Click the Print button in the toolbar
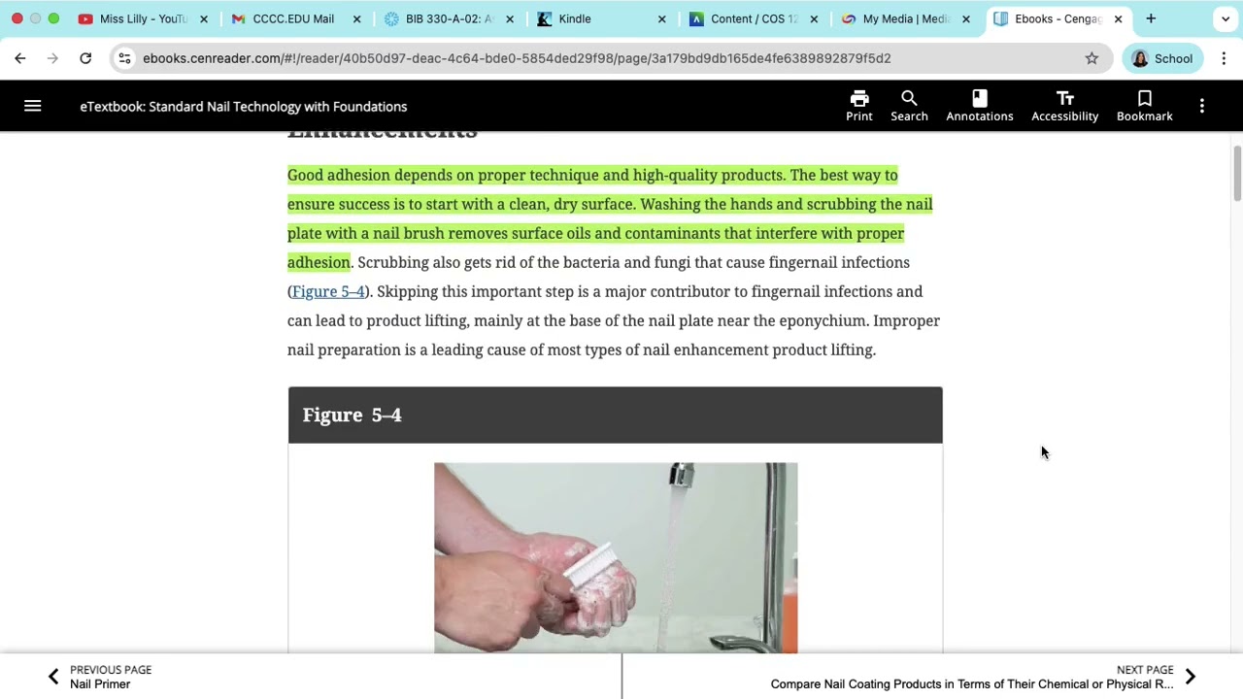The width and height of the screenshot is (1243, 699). (x=858, y=106)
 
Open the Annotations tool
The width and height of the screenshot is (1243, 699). (x=979, y=106)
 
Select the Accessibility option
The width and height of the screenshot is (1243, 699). (x=1064, y=106)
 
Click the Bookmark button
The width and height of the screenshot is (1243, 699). (x=1144, y=106)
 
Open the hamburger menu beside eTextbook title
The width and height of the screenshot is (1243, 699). (x=32, y=106)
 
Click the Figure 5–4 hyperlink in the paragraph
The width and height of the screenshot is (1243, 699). (x=328, y=291)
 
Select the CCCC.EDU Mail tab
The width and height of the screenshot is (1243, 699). (x=292, y=18)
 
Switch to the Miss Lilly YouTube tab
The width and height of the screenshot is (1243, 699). (x=142, y=18)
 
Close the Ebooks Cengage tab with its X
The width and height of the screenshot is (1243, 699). (x=1118, y=18)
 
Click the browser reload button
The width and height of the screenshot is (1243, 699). (x=85, y=58)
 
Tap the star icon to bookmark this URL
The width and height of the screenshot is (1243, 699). (x=1092, y=58)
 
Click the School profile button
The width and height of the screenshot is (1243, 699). (x=1161, y=58)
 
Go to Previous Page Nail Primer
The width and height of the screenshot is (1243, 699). (x=101, y=677)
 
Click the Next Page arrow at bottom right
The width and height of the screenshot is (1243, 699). (x=1190, y=677)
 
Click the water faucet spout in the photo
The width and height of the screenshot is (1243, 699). (x=682, y=476)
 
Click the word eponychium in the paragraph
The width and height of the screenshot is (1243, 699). (x=822, y=320)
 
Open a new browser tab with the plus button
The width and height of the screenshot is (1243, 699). (x=1151, y=18)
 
